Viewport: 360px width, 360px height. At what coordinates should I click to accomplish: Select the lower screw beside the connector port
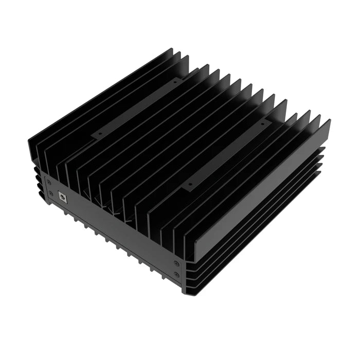tap(51, 194)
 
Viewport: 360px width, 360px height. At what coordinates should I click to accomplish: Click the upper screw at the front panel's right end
tap(176, 263)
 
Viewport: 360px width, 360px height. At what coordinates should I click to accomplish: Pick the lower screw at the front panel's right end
tap(176, 275)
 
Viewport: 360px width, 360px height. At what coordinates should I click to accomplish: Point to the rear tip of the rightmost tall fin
tap(327, 122)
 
